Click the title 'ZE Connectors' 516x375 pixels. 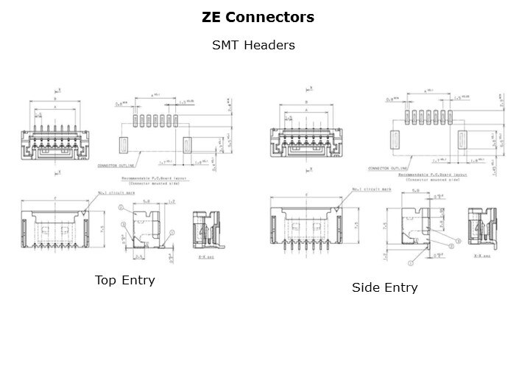pos(258,16)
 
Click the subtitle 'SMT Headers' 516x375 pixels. pos(253,46)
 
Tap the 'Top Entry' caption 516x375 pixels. pos(125,281)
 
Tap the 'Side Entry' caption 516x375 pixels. pos(384,287)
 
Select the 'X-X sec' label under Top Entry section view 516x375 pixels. pos(205,257)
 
